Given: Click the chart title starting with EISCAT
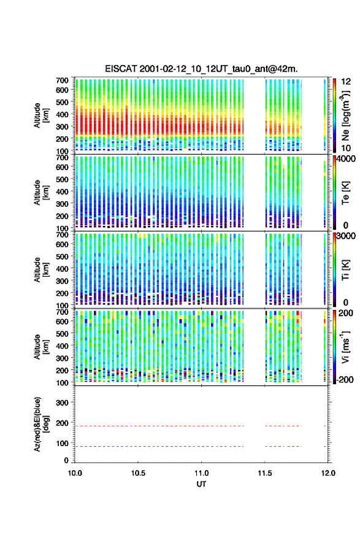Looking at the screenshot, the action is (x=201, y=69).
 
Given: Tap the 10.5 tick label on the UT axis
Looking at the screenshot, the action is (x=137, y=473).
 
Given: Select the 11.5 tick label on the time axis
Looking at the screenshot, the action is (x=265, y=473).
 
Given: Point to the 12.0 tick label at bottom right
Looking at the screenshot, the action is (x=328, y=473).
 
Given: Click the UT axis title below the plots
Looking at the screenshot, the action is (x=201, y=484).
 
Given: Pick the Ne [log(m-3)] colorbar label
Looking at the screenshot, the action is (x=345, y=115).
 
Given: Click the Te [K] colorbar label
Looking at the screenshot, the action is (x=345, y=193).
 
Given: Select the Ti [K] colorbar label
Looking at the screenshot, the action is (x=345, y=269).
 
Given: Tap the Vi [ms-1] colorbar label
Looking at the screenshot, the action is (x=345, y=347).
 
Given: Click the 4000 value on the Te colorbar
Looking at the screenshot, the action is (x=346, y=160).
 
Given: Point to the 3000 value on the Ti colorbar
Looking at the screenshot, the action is (x=346, y=236).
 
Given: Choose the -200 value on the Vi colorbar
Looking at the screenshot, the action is (x=345, y=379).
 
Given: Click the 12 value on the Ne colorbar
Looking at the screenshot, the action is (x=346, y=82).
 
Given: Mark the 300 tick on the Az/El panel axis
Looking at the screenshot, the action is (x=62, y=403).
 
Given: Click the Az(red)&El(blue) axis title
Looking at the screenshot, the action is (x=41, y=424).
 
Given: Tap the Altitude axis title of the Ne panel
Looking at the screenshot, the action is (x=41, y=115).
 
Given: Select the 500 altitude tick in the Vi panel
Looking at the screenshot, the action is (x=62, y=333).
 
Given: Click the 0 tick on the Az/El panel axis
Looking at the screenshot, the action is (x=66, y=460).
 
